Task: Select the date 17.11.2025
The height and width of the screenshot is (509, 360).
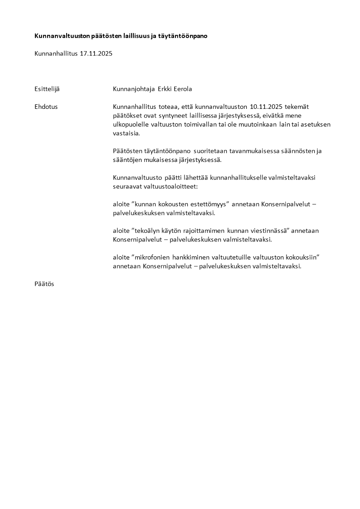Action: click(96, 54)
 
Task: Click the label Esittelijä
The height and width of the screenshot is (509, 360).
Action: click(47, 89)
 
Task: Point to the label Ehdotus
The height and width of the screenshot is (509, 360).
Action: click(46, 107)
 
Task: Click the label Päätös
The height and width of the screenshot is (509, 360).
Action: click(44, 284)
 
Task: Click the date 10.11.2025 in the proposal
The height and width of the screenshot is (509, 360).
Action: click(265, 107)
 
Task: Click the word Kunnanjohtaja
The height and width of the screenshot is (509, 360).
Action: click(133, 89)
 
